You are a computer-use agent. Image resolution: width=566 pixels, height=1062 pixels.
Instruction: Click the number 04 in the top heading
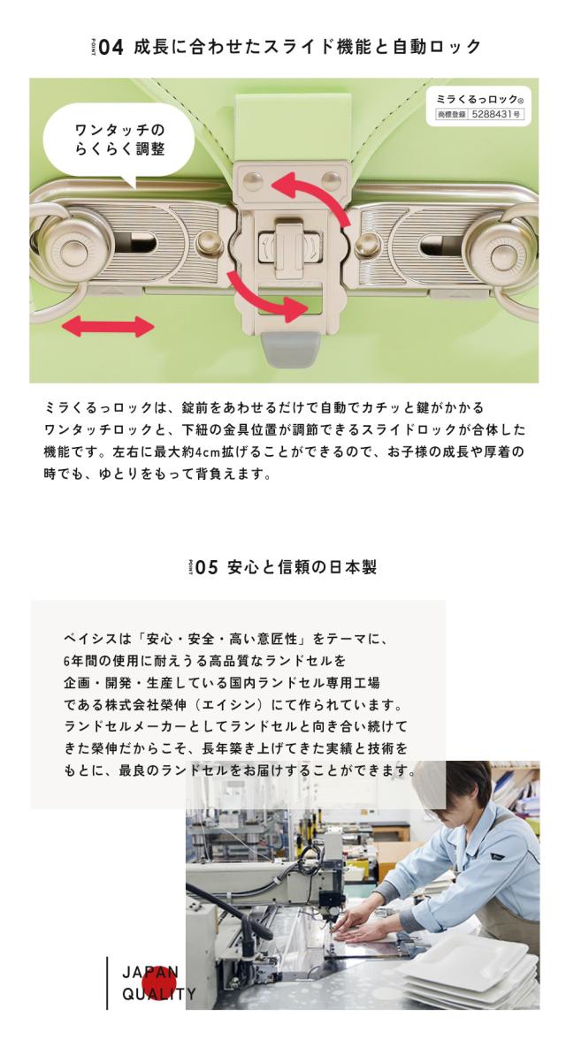(x=111, y=47)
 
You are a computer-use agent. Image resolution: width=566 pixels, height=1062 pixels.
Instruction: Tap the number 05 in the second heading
(x=206, y=567)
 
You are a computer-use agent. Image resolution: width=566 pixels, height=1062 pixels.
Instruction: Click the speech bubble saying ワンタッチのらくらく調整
(x=119, y=140)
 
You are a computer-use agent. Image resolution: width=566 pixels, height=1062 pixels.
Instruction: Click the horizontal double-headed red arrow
(x=107, y=328)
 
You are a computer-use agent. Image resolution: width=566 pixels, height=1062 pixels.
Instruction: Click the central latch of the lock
(x=285, y=244)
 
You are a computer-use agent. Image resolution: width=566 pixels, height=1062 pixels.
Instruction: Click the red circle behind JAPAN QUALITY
(x=160, y=982)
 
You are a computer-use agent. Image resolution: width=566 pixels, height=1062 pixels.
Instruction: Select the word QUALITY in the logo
(x=160, y=995)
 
